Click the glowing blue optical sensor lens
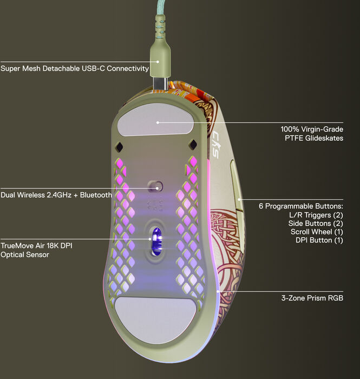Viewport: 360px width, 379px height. tap(157, 241)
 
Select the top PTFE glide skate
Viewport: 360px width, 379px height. tap(155, 119)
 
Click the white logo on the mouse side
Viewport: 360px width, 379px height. tap(216, 145)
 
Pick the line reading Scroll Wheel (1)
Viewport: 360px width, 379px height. tap(317, 232)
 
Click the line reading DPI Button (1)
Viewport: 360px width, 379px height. tap(319, 240)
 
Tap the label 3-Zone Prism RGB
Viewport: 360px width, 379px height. tap(312, 298)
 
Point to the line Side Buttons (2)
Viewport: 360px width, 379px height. tap(316, 223)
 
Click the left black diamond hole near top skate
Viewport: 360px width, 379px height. tap(119, 147)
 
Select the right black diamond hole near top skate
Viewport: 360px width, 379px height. tap(193, 145)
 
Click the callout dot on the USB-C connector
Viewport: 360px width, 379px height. tap(158, 62)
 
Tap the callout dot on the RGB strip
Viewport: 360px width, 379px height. tap(218, 291)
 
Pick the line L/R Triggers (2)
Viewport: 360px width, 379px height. tap(316, 215)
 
